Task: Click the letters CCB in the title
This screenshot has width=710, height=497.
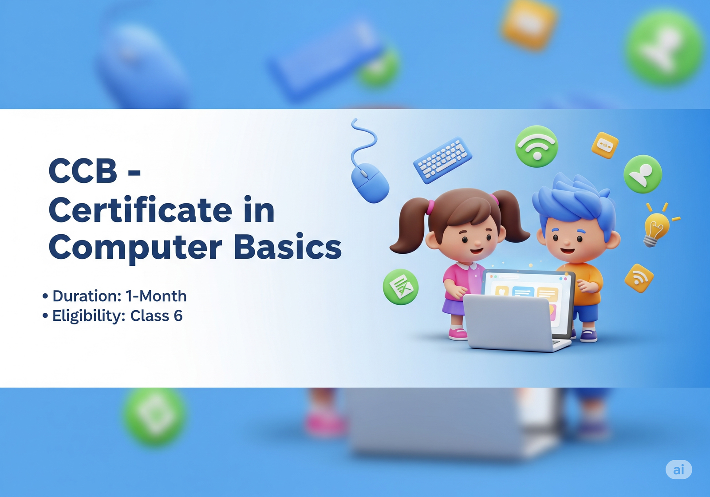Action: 83,171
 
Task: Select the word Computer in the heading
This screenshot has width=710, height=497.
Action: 135,247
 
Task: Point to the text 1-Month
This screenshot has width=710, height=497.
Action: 156,296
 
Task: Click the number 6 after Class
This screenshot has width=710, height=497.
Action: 178,316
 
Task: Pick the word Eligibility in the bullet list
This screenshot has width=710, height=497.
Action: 89,316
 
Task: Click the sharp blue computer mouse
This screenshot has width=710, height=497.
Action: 370,182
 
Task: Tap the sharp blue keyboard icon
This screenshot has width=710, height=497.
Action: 442,160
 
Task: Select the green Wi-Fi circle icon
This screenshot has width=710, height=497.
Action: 536,146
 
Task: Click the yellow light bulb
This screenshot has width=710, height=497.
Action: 656,227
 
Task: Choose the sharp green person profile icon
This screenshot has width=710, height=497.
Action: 643,174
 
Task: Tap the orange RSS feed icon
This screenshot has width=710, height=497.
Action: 639,278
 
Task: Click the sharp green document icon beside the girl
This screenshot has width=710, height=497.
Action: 401,287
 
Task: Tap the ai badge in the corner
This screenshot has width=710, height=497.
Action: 678,469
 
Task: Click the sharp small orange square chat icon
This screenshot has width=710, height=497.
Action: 605,145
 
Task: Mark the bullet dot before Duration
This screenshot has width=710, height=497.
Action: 45,296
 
